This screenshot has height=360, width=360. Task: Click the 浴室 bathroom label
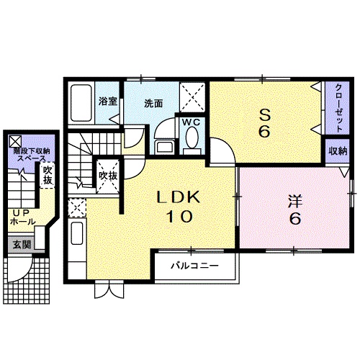click(x=108, y=101)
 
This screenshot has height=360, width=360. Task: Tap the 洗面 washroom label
click(x=153, y=103)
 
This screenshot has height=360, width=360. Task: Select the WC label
click(x=192, y=122)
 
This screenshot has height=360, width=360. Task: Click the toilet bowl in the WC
click(x=192, y=138)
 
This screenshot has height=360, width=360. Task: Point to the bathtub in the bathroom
click(x=81, y=103)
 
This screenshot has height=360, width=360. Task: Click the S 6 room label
click(x=264, y=123)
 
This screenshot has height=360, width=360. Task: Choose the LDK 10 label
click(x=179, y=206)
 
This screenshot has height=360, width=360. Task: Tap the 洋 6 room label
click(x=295, y=210)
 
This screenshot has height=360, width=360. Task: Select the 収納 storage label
click(x=338, y=151)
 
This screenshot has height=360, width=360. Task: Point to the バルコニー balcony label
click(x=194, y=266)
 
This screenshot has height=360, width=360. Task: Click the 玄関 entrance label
click(x=22, y=245)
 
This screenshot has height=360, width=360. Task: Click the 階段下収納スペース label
click(x=31, y=155)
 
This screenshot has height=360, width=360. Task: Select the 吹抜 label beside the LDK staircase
click(x=108, y=176)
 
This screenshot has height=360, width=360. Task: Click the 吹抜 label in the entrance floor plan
click(x=48, y=175)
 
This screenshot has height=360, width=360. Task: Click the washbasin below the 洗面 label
click(x=165, y=146)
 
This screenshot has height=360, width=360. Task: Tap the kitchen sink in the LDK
click(x=77, y=233)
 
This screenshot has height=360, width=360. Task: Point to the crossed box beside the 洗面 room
click(x=192, y=97)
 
